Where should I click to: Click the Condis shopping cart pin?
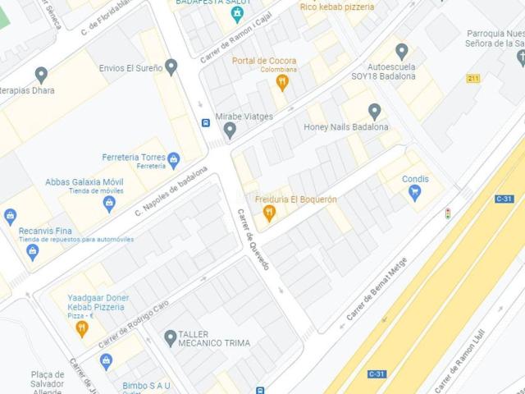pyautogui.click(x=415, y=193)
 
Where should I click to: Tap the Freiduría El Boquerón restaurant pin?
pyautogui.click(x=268, y=214)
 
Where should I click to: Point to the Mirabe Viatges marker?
pyautogui.click(x=230, y=129)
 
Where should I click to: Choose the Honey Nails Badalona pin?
pyautogui.click(x=374, y=111)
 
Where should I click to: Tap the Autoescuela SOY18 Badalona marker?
pyautogui.click(x=401, y=51)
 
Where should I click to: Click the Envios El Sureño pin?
pyautogui.click(x=171, y=66)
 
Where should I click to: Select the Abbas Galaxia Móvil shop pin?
pyautogui.click(x=109, y=203)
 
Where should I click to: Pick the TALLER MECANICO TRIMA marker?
pyautogui.click(x=170, y=337)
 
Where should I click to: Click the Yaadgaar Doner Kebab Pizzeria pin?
pyautogui.click(x=81, y=328)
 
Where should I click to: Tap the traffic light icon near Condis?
pyautogui.click(x=448, y=213)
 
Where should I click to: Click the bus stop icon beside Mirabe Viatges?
pyautogui.click(x=205, y=123)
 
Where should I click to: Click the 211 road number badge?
pyautogui.click(x=472, y=79)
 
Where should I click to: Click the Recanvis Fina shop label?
pyautogui.click(x=48, y=231)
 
